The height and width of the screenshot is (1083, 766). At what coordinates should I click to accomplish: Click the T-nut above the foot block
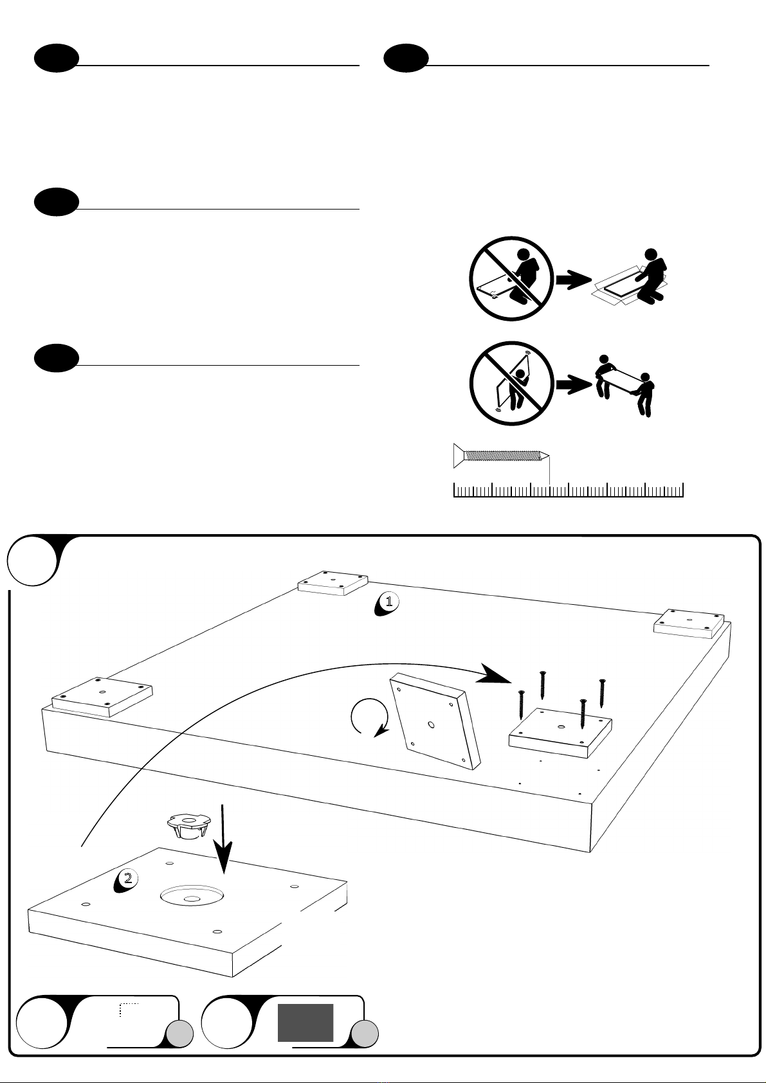(187, 825)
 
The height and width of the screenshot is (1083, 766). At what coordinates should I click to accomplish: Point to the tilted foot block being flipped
(435, 720)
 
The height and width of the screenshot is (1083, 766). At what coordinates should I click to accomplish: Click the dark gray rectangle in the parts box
(305, 1023)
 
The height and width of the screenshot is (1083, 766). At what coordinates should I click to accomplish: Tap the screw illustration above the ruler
(501, 456)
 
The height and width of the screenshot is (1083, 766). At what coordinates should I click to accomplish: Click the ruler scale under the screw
(568, 490)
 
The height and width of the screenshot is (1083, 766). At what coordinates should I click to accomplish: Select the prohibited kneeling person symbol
(511, 279)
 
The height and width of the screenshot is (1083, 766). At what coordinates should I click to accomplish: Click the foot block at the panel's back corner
(333, 582)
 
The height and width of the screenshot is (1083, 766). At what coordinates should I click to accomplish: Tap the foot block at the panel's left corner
(102, 695)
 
